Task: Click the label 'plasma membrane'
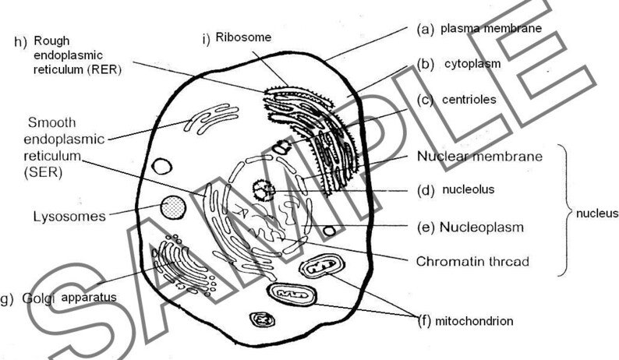(490, 29)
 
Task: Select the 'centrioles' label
(469, 100)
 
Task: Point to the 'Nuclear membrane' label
(479, 156)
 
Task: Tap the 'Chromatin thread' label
(472, 262)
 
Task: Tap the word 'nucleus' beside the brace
(596, 213)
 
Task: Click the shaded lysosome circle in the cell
(173, 208)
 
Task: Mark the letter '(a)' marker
(425, 29)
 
